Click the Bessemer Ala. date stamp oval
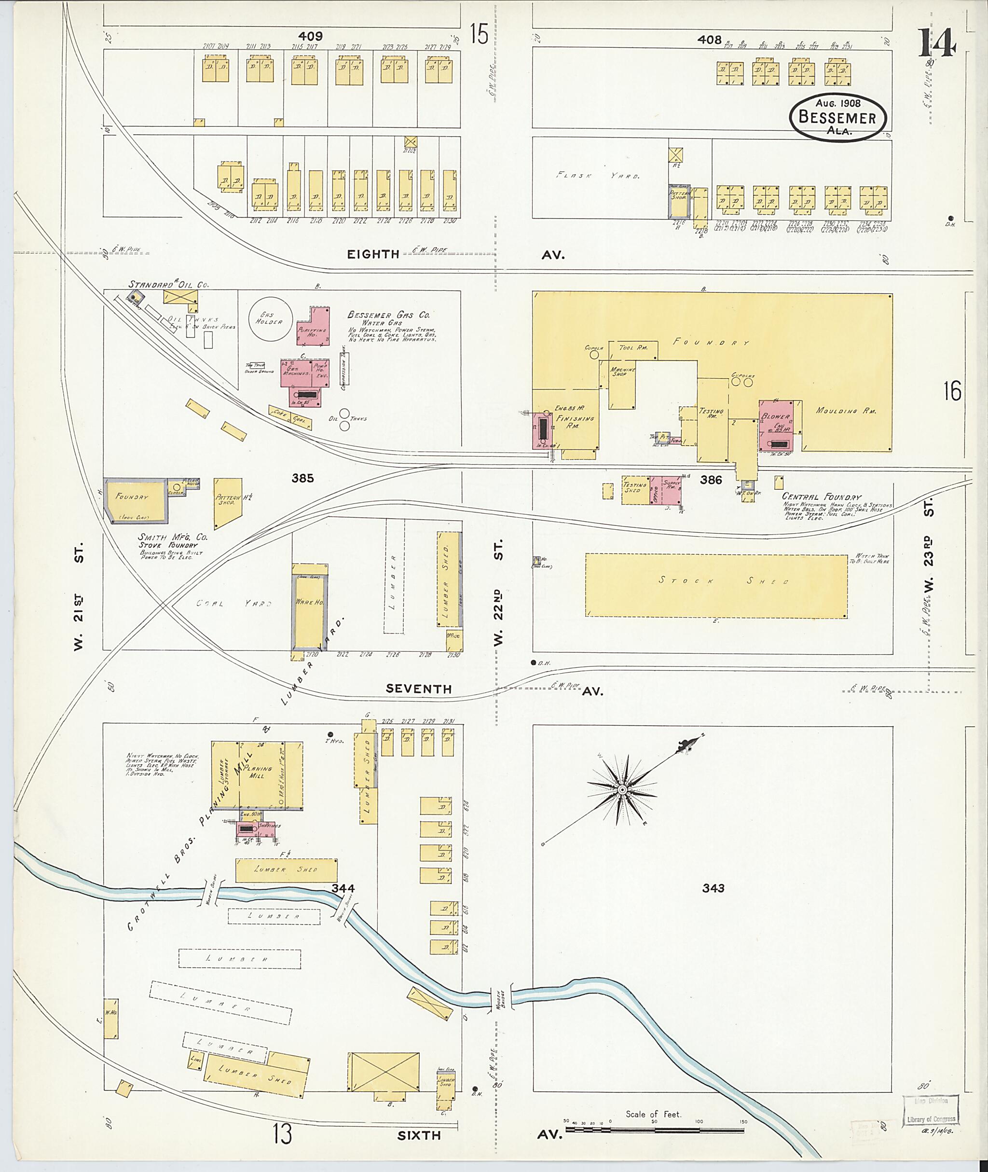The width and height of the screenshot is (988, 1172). coord(838,117)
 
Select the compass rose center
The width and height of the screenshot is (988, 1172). coord(622,789)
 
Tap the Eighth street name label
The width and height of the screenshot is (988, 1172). coord(372,254)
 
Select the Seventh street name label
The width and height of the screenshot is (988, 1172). coord(418,689)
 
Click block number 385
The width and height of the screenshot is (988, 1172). coord(302,478)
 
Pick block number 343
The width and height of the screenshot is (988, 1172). coord(713,888)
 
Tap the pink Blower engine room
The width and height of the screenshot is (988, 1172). coord(776,425)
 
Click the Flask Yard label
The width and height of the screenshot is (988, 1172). coord(598,175)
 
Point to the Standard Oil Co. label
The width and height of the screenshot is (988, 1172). coord(168,285)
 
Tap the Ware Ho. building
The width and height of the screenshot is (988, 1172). coord(309,606)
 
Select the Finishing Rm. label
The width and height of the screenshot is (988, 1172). coord(575,422)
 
